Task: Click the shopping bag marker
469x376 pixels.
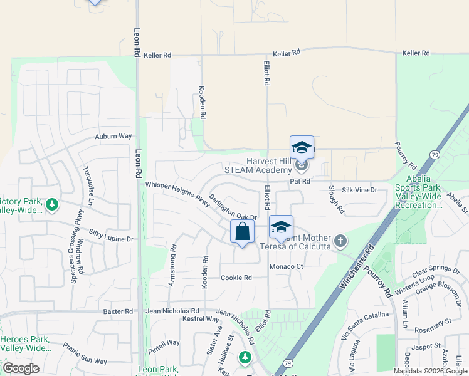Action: click(242, 232)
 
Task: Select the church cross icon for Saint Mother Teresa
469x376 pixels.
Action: click(340, 241)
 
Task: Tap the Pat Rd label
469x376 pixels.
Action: click(300, 181)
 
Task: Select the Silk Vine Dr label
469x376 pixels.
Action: click(359, 189)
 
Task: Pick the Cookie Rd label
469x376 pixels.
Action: click(236, 278)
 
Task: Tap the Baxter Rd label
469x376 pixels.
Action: click(118, 311)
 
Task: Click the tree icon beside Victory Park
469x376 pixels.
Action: click(53, 204)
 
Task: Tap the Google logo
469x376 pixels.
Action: click(21, 368)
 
